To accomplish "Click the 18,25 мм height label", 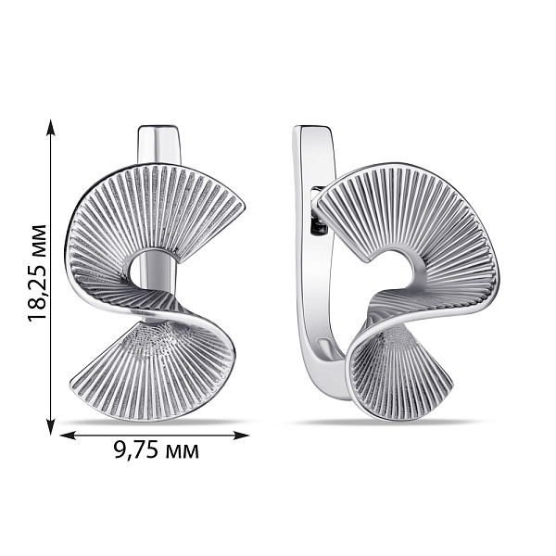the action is [37, 273].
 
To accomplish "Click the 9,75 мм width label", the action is [157, 451].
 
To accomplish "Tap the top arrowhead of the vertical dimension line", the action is [51, 127].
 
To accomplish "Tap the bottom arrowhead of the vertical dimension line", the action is [51, 426].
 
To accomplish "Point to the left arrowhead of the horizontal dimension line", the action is [68, 436].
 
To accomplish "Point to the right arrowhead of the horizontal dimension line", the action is [241, 436].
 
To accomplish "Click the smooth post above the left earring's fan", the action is [158, 145].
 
